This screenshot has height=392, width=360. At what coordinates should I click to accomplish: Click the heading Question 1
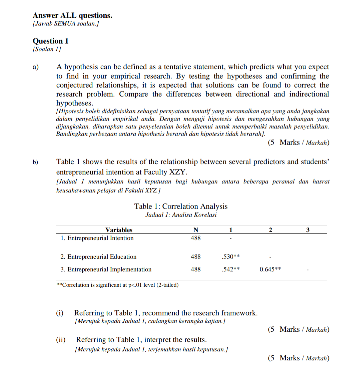click(x=50, y=41)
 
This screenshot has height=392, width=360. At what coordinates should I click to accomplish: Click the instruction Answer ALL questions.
click(x=72, y=15)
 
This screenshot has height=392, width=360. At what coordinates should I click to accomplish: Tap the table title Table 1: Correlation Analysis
click(x=181, y=206)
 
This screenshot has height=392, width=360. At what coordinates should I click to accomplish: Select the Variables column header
click(x=119, y=230)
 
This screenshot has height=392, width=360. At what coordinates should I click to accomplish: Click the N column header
click(x=196, y=230)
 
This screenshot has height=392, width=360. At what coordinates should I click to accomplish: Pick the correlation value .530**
click(x=231, y=257)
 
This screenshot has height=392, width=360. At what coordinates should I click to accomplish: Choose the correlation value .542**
click(x=231, y=269)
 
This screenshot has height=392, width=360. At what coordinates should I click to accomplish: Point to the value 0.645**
click(x=270, y=269)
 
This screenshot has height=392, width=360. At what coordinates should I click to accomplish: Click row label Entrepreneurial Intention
click(x=97, y=238)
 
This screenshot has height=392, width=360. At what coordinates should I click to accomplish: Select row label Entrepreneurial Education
click(x=98, y=257)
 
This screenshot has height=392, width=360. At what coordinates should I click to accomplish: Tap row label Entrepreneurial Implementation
click(x=106, y=269)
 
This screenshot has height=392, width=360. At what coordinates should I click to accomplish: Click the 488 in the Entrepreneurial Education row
click(x=196, y=257)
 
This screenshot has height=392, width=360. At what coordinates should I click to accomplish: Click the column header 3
click(x=308, y=230)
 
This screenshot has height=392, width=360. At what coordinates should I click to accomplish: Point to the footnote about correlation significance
click(x=117, y=285)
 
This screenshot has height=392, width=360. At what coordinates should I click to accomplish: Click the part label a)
click(x=36, y=67)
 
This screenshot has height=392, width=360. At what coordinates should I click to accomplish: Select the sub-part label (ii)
click(x=61, y=340)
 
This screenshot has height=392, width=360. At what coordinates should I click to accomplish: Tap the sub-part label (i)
click(x=60, y=313)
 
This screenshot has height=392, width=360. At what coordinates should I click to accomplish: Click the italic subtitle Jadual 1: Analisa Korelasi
click(x=181, y=215)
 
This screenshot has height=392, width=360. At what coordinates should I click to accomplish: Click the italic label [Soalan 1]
click(x=47, y=49)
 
